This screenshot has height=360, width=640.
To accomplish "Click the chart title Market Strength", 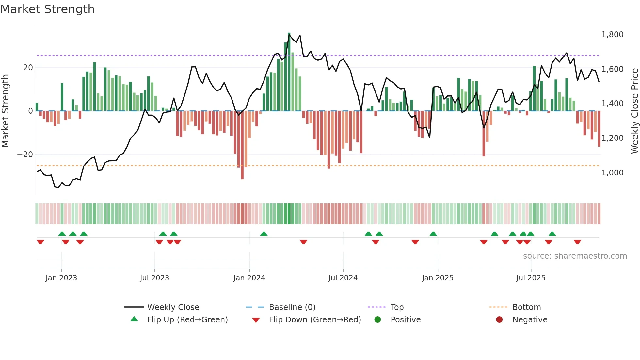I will (x=47, y=9).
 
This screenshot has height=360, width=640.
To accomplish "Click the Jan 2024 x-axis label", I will (x=249, y=278).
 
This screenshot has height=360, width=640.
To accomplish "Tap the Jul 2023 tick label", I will (x=154, y=278).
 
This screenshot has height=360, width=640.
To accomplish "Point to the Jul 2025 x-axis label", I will (x=531, y=278).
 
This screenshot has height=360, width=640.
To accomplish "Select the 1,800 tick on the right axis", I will (x=612, y=35).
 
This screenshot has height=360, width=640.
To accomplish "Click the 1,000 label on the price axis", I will (x=612, y=173).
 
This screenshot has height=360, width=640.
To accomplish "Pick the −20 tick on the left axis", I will (x=25, y=155).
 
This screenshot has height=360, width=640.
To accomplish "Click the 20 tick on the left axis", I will (x=28, y=68).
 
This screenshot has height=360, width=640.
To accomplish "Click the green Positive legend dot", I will (x=378, y=319).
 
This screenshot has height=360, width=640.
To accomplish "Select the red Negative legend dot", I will (x=499, y=319).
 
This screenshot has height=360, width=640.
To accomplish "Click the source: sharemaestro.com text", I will (x=575, y=256).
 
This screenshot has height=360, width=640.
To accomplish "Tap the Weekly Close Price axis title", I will (x=634, y=111).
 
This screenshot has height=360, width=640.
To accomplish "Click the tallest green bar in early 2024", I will (x=289, y=72).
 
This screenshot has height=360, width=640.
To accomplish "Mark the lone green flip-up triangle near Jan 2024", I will (x=264, y=234).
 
